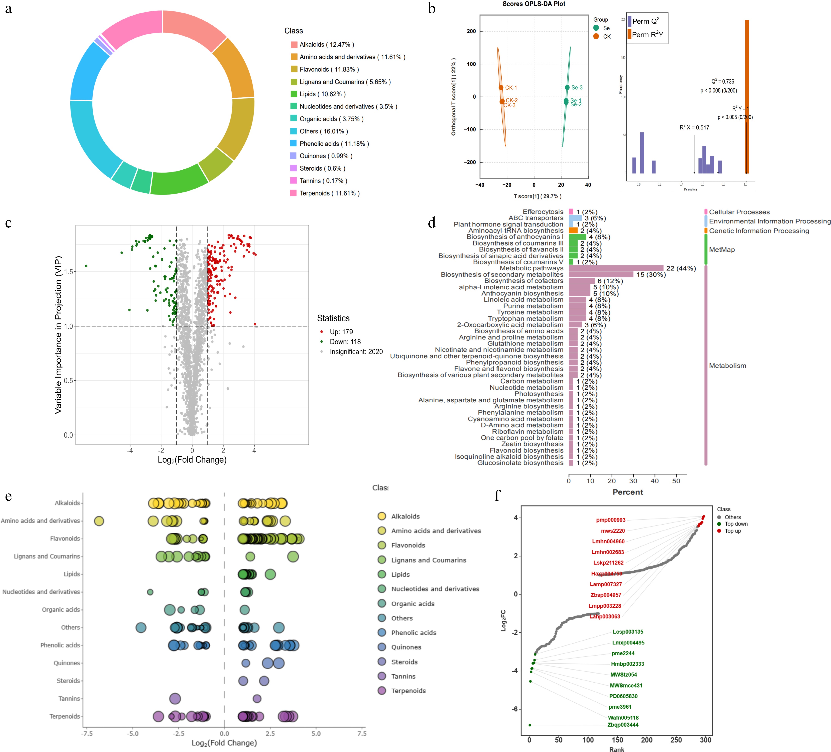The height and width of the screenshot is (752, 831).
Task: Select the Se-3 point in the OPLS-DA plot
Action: pos(567,87)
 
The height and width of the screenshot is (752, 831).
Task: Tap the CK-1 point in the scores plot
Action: pos(501,87)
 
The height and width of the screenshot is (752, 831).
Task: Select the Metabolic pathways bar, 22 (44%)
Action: pos(616,268)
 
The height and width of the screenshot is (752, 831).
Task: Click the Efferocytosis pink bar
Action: pos(571,212)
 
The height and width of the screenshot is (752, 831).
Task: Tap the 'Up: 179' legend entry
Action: pos(341,332)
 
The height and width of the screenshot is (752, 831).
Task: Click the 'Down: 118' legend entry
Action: pos(345,342)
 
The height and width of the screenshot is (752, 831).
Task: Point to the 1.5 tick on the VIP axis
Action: pos(68,272)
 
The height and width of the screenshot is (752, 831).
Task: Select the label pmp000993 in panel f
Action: pos(610,520)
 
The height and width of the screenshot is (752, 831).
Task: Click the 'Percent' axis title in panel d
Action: pos(627,492)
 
